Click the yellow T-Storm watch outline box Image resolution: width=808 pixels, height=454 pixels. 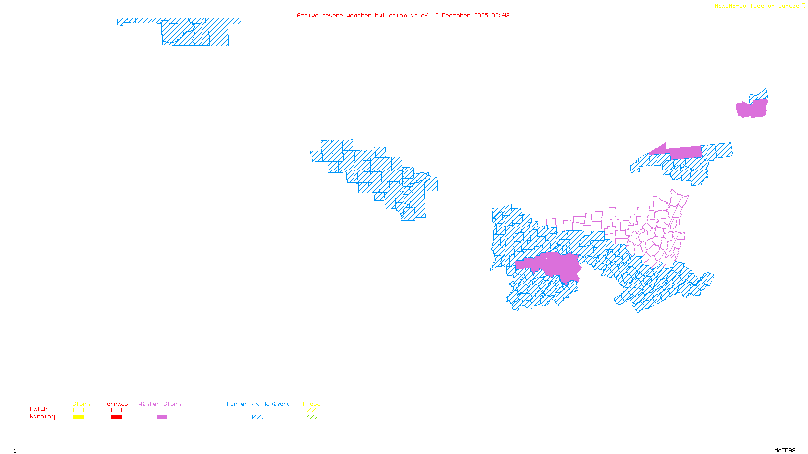(x=78, y=410)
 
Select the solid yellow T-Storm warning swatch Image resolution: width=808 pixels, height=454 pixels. (x=78, y=417)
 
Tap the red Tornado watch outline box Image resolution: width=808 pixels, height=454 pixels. (x=116, y=410)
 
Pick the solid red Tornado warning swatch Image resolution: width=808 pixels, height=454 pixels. (x=116, y=417)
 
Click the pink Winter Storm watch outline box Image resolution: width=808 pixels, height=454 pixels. (x=162, y=410)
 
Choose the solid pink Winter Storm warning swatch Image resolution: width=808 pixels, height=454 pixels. (x=162, y=417)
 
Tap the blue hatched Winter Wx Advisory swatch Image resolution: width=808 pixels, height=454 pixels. (x=258, y=417)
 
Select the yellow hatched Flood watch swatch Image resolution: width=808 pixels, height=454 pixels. (x=312, y=410)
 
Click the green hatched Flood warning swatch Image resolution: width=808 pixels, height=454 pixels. (x=312, y=417)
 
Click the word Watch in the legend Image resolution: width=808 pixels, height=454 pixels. (x=38, y=409)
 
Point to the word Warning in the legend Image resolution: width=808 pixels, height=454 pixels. (x=42, y=417)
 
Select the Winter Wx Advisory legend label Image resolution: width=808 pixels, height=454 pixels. (x=259, y=404)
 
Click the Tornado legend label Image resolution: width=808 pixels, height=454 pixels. (x=116, y=404)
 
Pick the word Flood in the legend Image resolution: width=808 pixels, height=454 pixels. (x=312, y=404)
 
